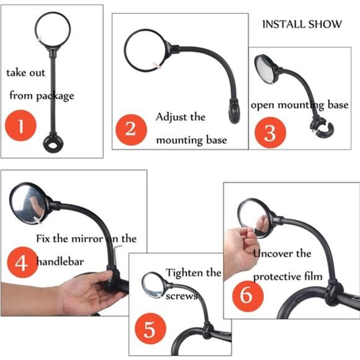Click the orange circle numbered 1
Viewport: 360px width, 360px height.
pos(20,127)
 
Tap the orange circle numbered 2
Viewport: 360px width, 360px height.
pos(130,129)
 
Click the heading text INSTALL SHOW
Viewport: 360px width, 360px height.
pos(302,24)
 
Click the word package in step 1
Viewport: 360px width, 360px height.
pos(55,96)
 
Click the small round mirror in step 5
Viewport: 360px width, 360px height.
pos(153,286)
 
